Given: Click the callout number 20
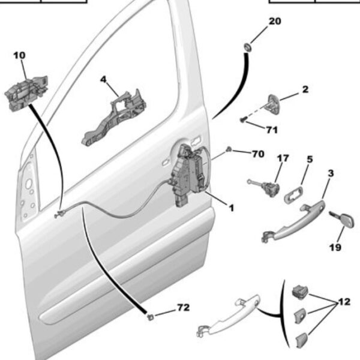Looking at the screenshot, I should [x=274, y=21].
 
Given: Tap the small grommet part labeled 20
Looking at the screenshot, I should [x=247, y=46].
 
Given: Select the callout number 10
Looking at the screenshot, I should [x=19, y=55].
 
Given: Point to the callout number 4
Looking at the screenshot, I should [x=103, y=79].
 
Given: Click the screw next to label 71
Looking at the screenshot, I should [x=242, y=120].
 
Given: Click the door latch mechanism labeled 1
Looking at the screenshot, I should [x=191, y=174].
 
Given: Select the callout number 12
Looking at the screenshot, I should [x=343, y=302].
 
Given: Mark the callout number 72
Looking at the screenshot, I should [x=183, y=308].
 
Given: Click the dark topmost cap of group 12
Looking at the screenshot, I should [x=299, y=293].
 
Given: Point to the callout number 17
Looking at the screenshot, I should [x=282, y=158].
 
